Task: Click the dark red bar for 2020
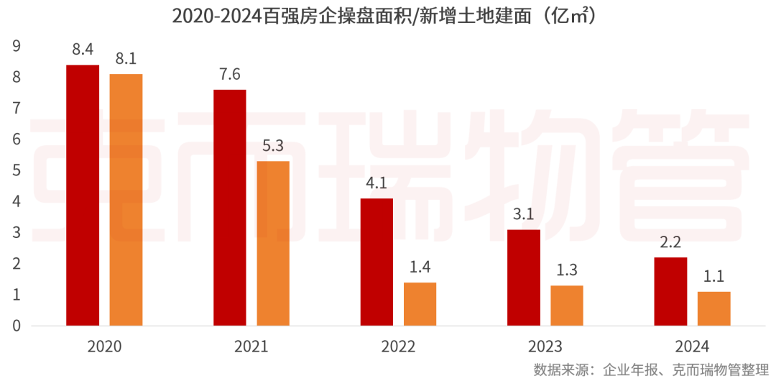pyautogui.click(x=83, y=196)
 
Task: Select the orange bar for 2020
pyautogui.click(x=126, y=200)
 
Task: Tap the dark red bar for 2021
pyautogui.click(x=230, y=208)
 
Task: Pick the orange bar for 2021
pyautogui.click(x=273, y=244)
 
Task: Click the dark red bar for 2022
pyautogui.click(x=377, y=262)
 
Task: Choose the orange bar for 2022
pyautogui.click(x=420, y=304)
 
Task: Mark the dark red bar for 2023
pyautogui.click(x=524, y=277)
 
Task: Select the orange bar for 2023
pyautogui.click(x=567, y=306)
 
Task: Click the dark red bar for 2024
pyautogui.click(x=670, y=292)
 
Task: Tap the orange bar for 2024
pyautogui.click(x=713, y=308)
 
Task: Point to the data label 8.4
pyautogui.click(x=83, y=50)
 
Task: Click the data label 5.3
pyautogui.click(x=273, y=146)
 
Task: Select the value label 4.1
pyautogui.click(x=377, y=183)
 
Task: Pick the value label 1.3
pyautogui.click(x=567, y=270)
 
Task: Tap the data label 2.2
pyautogui.click(x=670, y=242)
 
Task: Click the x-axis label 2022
pyautogui.click(x=398, y=346)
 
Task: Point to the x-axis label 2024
pyautogui.click(x=692, y=346)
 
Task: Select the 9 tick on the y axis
pyautogui.click(x=17, y=46)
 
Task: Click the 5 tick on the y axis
pyautogui.click(x=17, y=170)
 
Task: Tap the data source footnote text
pyautogui.click(x=651, y=369)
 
